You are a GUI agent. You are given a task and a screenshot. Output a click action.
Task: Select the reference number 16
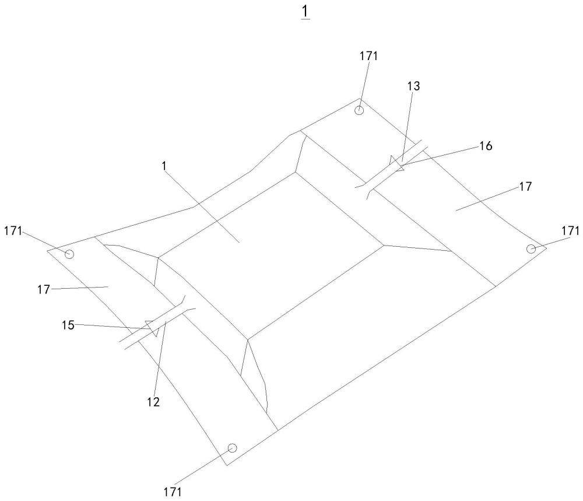pyautogui.click(x=485, y=146)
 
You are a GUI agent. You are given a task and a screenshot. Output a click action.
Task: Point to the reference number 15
pyautogui.click(x=69, y=325)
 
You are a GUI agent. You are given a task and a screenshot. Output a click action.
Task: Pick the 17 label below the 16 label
pyautogui.click(x=525, y=187)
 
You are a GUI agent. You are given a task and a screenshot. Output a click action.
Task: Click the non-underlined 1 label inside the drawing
pyautogui.click(x=165, y=166)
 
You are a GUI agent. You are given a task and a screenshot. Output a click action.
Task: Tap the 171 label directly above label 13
pyautogui.click(x=368, y=56)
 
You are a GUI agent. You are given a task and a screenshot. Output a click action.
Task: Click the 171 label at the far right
pyautogui.click(x=571, y=231)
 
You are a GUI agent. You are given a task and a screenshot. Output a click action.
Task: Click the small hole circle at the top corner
pyautogui.click(x=360, y=110)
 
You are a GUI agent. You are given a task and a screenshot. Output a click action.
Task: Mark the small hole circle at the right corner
pyautogui.click(x=531, y=249)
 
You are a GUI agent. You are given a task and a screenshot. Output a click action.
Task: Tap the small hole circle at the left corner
pyautogui.click(x=69, y=254)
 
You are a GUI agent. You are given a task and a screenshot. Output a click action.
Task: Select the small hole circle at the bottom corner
pyautogui.click(x=232, y=448)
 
